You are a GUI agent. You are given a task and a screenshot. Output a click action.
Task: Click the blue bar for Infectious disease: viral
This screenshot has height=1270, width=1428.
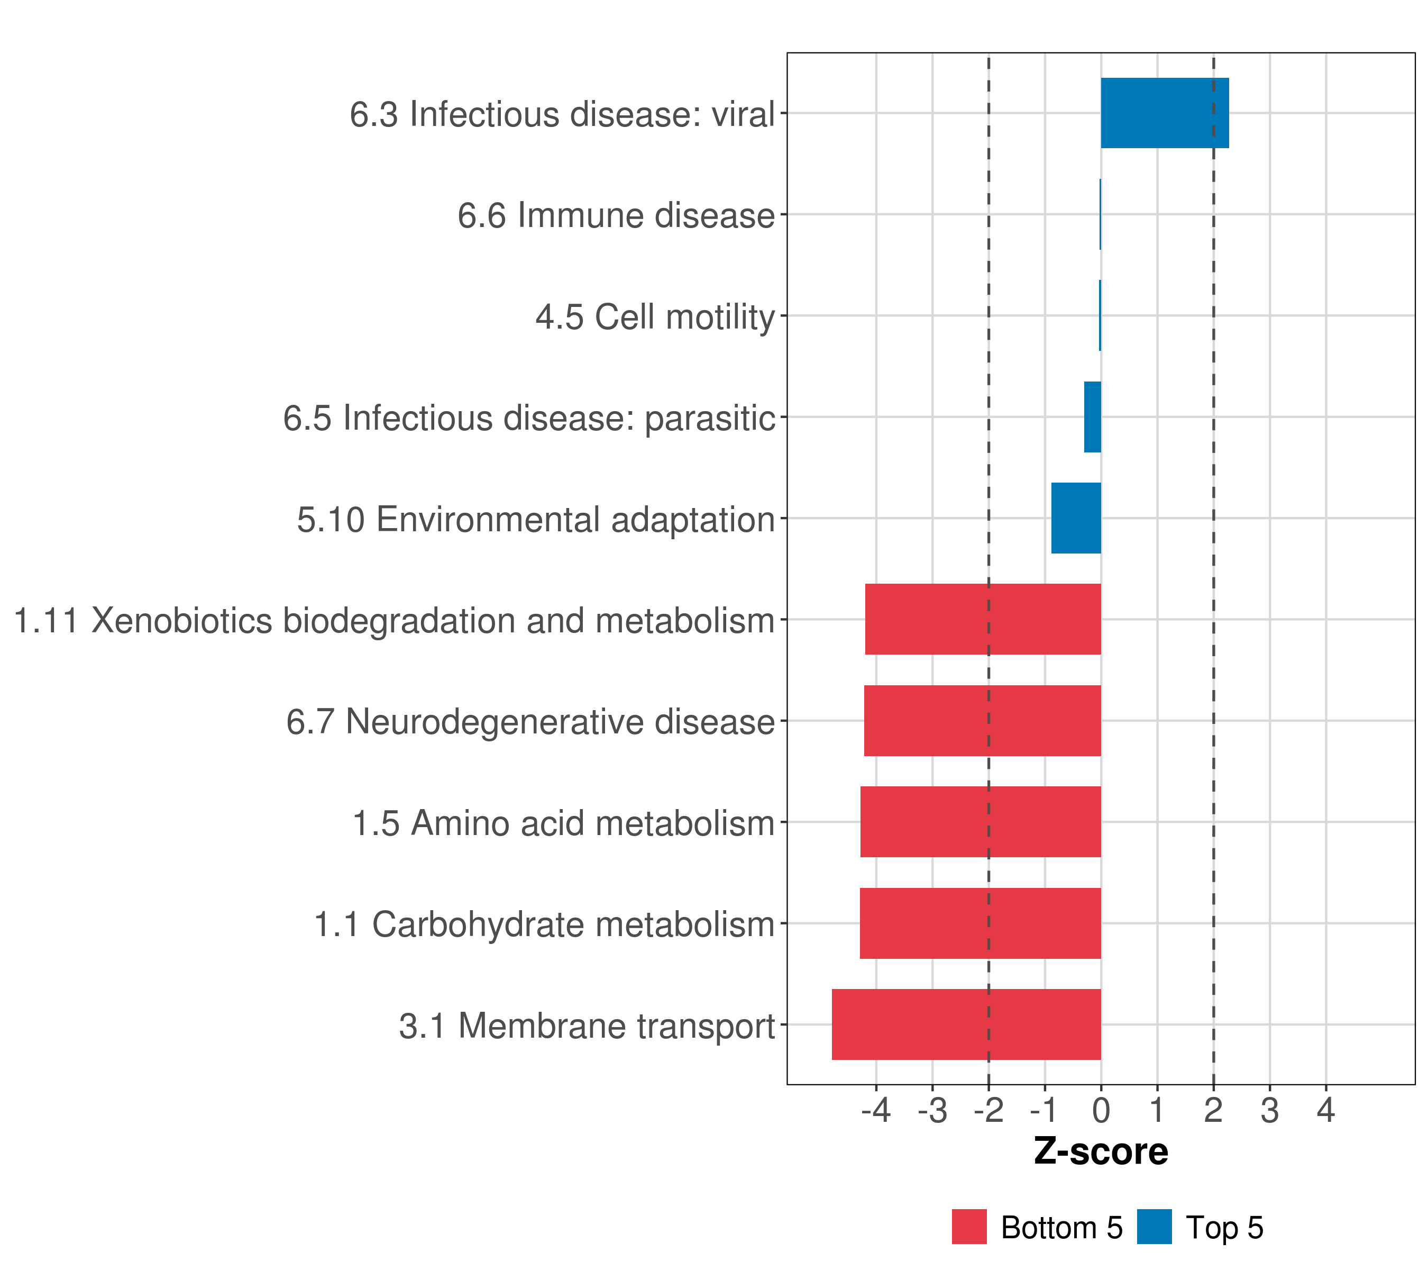point(1164,113)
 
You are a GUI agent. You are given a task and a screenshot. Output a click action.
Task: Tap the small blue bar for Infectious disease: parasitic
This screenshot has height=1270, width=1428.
point(1092,416)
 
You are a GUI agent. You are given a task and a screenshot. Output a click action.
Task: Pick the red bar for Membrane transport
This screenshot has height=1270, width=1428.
point(966,1024)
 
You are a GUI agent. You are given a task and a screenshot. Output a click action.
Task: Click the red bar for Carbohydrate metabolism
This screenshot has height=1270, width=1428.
point(980,923)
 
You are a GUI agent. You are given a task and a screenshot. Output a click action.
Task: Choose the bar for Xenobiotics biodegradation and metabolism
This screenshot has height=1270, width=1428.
point(983,619)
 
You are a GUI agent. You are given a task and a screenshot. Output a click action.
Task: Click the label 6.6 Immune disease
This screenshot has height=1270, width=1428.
point(616,215)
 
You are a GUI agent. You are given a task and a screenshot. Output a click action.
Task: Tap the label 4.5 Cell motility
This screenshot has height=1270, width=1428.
point(655,316)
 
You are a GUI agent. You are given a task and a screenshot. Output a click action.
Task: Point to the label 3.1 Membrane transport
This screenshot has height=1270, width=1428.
point(587,1026)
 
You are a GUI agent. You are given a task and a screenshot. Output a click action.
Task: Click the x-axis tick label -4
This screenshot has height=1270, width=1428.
point(876,1110)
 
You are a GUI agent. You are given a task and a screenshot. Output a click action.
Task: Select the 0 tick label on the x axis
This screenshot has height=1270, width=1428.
point(1101,1110)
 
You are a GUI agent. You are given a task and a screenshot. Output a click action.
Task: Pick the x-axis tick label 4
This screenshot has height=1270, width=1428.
point(1326,1110)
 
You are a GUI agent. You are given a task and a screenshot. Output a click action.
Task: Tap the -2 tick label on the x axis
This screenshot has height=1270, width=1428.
point(988,1110)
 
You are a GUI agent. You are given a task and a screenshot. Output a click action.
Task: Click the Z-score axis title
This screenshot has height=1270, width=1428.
point(1101,1151)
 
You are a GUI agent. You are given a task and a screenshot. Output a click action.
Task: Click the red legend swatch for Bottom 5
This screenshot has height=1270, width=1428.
point(969,1227)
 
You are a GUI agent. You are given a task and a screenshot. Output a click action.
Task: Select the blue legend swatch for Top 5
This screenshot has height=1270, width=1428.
point(1154,1227)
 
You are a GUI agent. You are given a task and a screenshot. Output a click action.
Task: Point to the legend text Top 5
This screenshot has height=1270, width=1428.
point(1224,1227)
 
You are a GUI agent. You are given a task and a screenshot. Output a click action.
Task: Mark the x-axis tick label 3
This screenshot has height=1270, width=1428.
point(1270,1110)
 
